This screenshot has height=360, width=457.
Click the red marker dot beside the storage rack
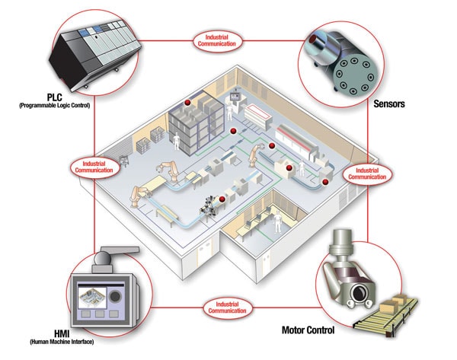pos(185,101)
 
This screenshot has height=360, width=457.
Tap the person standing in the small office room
pos(277,222)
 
